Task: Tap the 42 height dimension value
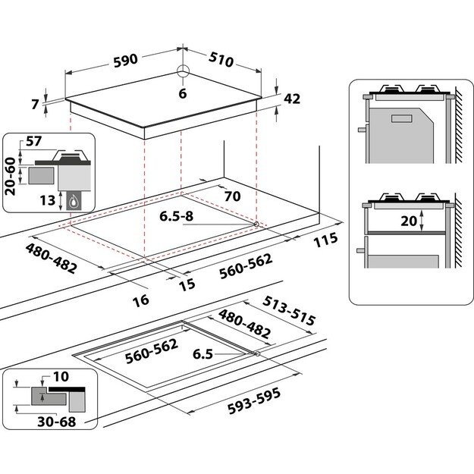click(292, 98)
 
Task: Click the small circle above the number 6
click(182, 73)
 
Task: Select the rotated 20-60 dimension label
click(11, 176)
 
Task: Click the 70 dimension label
click(232, 196)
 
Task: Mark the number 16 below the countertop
click(140, 300)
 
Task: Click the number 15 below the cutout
click(187, 284)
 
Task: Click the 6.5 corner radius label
click(202, 354)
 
